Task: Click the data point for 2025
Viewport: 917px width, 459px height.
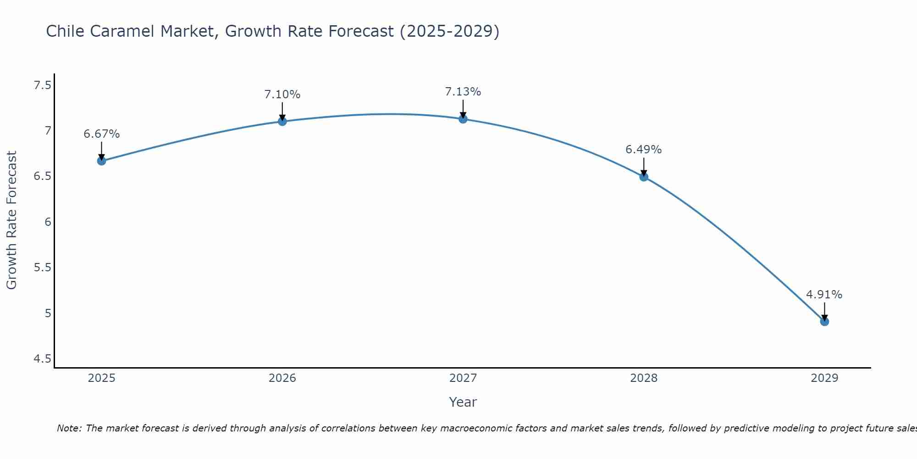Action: (101, 161)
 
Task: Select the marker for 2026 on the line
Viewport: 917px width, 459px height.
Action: (282, 121)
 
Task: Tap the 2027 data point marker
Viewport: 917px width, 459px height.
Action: (463, 119)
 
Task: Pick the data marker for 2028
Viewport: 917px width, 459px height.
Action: (643, 177)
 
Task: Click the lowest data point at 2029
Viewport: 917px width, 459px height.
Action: (824, 321)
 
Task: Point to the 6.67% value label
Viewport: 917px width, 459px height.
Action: (101, 134)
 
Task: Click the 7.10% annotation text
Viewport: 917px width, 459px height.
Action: (282, 95)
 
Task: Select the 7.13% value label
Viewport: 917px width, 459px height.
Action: (463, 92)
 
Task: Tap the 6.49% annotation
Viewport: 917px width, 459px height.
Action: (643, 150)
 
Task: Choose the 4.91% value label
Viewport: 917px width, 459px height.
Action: (824, 295)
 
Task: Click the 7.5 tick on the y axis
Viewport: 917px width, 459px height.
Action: (42, 85)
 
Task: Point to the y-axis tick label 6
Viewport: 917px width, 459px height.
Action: (47, 222)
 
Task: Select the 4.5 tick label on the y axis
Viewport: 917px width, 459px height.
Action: (42, 359)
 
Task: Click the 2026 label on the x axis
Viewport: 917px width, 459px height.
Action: (282, 378)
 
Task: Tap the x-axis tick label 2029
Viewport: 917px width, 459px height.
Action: (824, 378)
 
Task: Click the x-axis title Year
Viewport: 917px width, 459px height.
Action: (463, 402)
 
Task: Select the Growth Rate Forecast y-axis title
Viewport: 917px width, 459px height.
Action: (11, 220)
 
